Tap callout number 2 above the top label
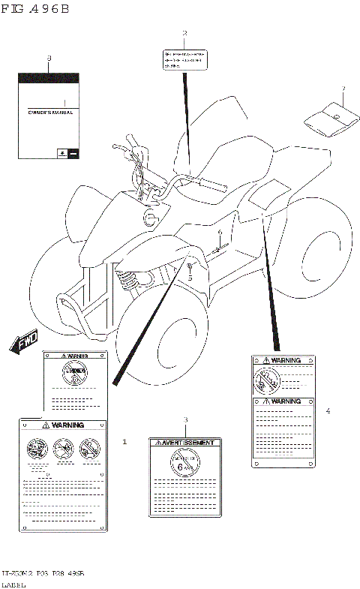click(x=184, y=33)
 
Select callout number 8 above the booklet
click(x=49, y=59)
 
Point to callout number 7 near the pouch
click(x=343, y=89)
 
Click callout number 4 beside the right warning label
click(x=328, y=410)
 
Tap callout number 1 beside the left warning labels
click(x=124, y=442)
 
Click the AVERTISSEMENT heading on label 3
click(x=185, y=443)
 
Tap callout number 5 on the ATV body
click(x=190, y=278)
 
